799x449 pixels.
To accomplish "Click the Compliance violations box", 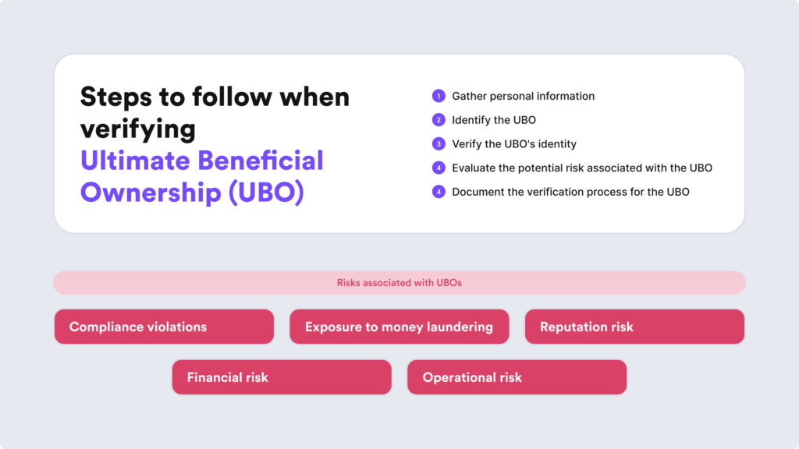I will (164, 327).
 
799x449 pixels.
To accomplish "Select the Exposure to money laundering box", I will (399, 327).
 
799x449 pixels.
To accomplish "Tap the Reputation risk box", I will (634, 327).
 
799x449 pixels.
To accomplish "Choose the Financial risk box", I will (282, 377).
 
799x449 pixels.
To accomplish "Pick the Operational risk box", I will (517, 377).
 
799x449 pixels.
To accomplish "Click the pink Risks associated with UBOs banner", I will (399, 282).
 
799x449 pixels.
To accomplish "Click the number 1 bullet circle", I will (439, 96).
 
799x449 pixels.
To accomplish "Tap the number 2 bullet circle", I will (439, 120).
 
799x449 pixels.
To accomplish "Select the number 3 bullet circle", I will (439, 144).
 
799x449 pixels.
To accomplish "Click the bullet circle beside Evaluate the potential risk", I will (439, 168).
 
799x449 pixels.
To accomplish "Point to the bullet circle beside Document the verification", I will (439, 192).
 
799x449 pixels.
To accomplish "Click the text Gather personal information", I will (523, 96).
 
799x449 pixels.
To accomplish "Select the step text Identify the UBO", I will (494, 120).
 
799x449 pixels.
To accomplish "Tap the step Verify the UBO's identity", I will (514, 144).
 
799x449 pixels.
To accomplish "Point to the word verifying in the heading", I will (137, 129).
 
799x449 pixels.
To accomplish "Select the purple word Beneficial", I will (261, 161).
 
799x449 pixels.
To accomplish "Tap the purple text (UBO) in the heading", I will (267, 193).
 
